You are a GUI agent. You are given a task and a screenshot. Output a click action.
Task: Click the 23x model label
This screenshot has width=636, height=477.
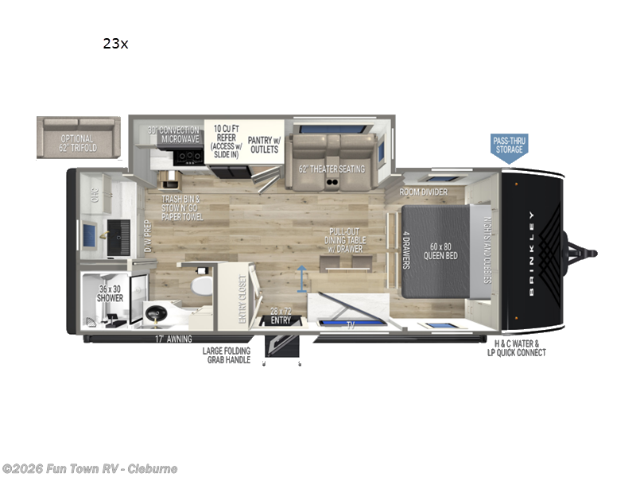pyautogui.click(x=114, y=44)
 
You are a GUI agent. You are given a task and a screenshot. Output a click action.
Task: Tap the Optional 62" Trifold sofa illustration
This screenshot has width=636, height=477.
pyautogui.click(x=78, y=138)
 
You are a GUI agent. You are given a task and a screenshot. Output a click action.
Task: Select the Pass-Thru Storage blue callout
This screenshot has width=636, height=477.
pyautogui.click(x=509, y=145)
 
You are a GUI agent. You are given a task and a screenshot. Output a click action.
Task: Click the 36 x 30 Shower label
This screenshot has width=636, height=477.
pyautogui.click(x=111, y=293)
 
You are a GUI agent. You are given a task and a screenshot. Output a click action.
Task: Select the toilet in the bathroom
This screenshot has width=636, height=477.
pyautogui.click(x=200, y=284)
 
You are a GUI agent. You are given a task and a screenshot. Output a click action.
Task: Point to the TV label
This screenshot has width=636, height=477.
pyautogui.click(x=351, y=324)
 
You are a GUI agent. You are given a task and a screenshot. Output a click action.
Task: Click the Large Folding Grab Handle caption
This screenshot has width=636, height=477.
pyautogui.click(x=227, y=355)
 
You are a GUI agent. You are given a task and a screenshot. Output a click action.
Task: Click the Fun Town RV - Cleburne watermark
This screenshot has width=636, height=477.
pyautogui.click(x=90, y=469)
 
